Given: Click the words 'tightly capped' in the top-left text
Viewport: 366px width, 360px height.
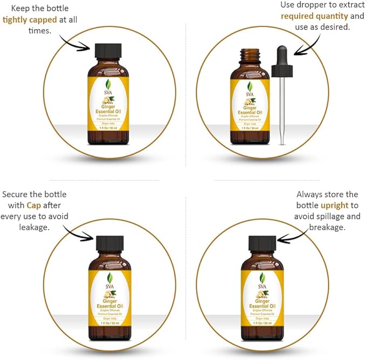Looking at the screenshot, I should coord(30,20).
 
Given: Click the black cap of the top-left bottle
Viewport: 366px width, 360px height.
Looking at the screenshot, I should coord(108,52).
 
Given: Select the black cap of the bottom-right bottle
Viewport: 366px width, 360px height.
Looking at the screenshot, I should coord(263,243).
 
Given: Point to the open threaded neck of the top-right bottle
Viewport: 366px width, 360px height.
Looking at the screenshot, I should coord(250,56).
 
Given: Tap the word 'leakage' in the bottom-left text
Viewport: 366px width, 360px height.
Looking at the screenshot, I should coord(33,227).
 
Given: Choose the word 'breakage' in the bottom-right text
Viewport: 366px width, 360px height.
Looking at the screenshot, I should coord(327,227).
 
